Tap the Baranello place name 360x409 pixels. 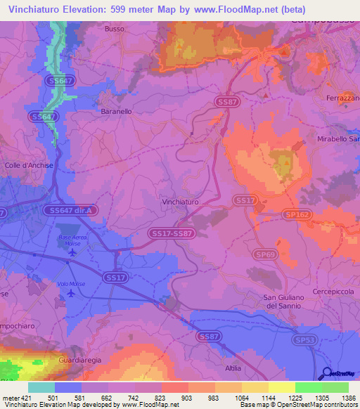click(x=116, y=111)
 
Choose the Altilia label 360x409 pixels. click(x=232, y=368)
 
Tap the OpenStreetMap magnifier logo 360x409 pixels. click(x=324, y=374)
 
